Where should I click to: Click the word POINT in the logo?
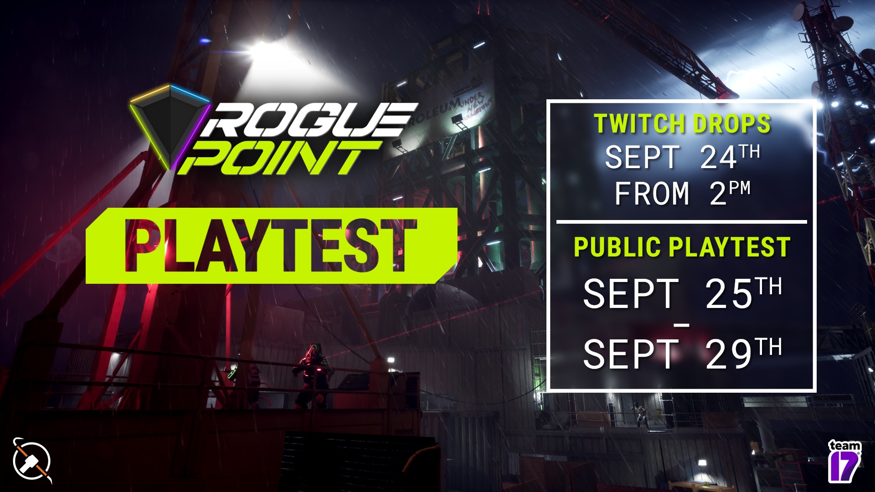pyautogui.click(x=278, y=158)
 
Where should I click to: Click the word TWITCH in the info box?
pyautogui.click(x=629, y=124)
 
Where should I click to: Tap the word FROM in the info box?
pyautogui.click(x=652, y=194)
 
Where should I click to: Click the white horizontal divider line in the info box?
pyautogui.click(x=681, y=222)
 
